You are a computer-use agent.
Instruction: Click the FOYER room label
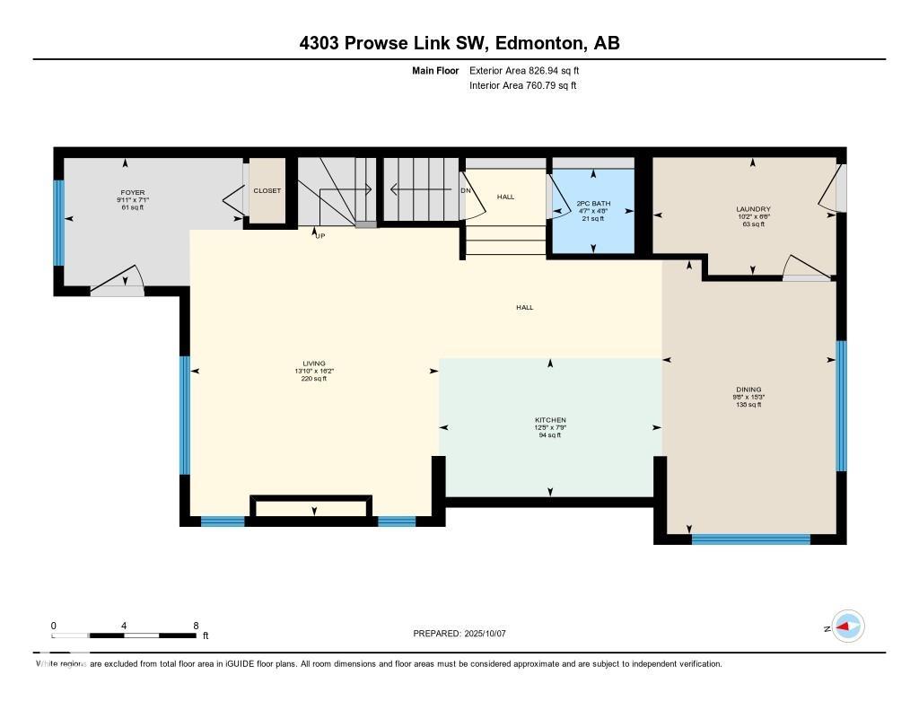point(133,192)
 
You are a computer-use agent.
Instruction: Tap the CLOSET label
point(267,191)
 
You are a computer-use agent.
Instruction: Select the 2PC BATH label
point(593,204)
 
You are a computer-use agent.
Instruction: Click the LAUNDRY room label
point(752,209)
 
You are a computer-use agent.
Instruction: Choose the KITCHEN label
point(550,420)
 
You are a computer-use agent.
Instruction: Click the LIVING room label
point(313,364)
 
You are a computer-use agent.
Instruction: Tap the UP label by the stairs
point(319,236)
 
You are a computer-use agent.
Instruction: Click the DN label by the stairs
point(465,191)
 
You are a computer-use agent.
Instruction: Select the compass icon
point(848,627)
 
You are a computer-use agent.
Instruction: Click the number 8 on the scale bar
point(195,626)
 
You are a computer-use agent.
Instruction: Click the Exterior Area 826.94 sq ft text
point(530,70)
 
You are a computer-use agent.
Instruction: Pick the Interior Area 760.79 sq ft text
point(522,86)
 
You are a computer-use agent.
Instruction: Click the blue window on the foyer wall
point(59,224)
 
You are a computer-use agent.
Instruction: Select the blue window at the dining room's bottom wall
point(750,539)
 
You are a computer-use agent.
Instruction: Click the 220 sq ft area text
point(313,379)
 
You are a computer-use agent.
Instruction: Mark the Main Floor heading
point(434,70)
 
